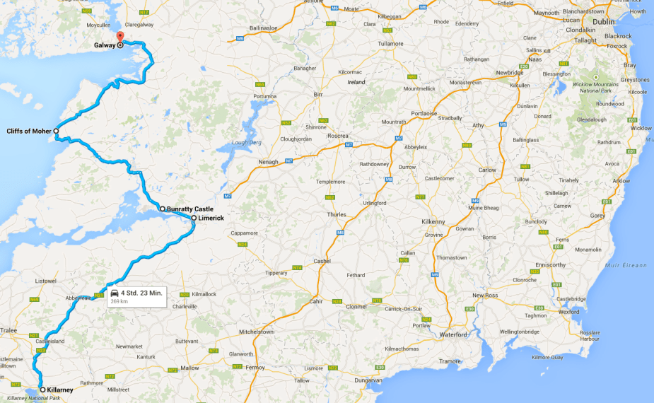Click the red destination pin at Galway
pyautogui.click(x=119, y=37)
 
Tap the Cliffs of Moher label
pyautogui.click(x=28, y=131)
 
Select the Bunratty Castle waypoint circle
pyautogui.click(x=162, y=209)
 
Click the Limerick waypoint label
pyautogui.click(x=211, y=218)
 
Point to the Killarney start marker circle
pyautogui.click(x=42, y=390)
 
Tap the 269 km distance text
pyautogui.click(x=119, y=301)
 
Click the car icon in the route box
pyautogui.click(x=114, y=293)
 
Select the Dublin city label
pyautogui.click(x=604, y=21)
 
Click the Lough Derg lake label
pyautogui.click(x=246, y=143)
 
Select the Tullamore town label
pyautogui.click(x=375, y=43)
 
